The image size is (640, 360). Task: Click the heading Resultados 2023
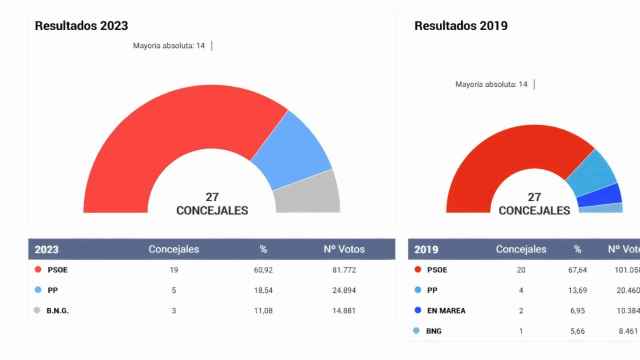[81, 25]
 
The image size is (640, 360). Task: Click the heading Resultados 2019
[461, 25]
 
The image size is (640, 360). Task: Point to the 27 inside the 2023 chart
[212, 197]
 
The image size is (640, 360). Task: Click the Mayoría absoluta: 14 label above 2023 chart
[170, 46]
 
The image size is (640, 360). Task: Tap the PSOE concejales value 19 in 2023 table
[174, 270]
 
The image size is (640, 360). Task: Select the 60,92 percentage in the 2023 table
[263, 270]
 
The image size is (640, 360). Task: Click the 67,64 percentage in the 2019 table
[577, 270]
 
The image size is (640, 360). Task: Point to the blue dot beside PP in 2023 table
[38, 290]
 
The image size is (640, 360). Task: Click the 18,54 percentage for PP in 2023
[263, 290]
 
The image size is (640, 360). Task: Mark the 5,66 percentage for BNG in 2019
[577, 331]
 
